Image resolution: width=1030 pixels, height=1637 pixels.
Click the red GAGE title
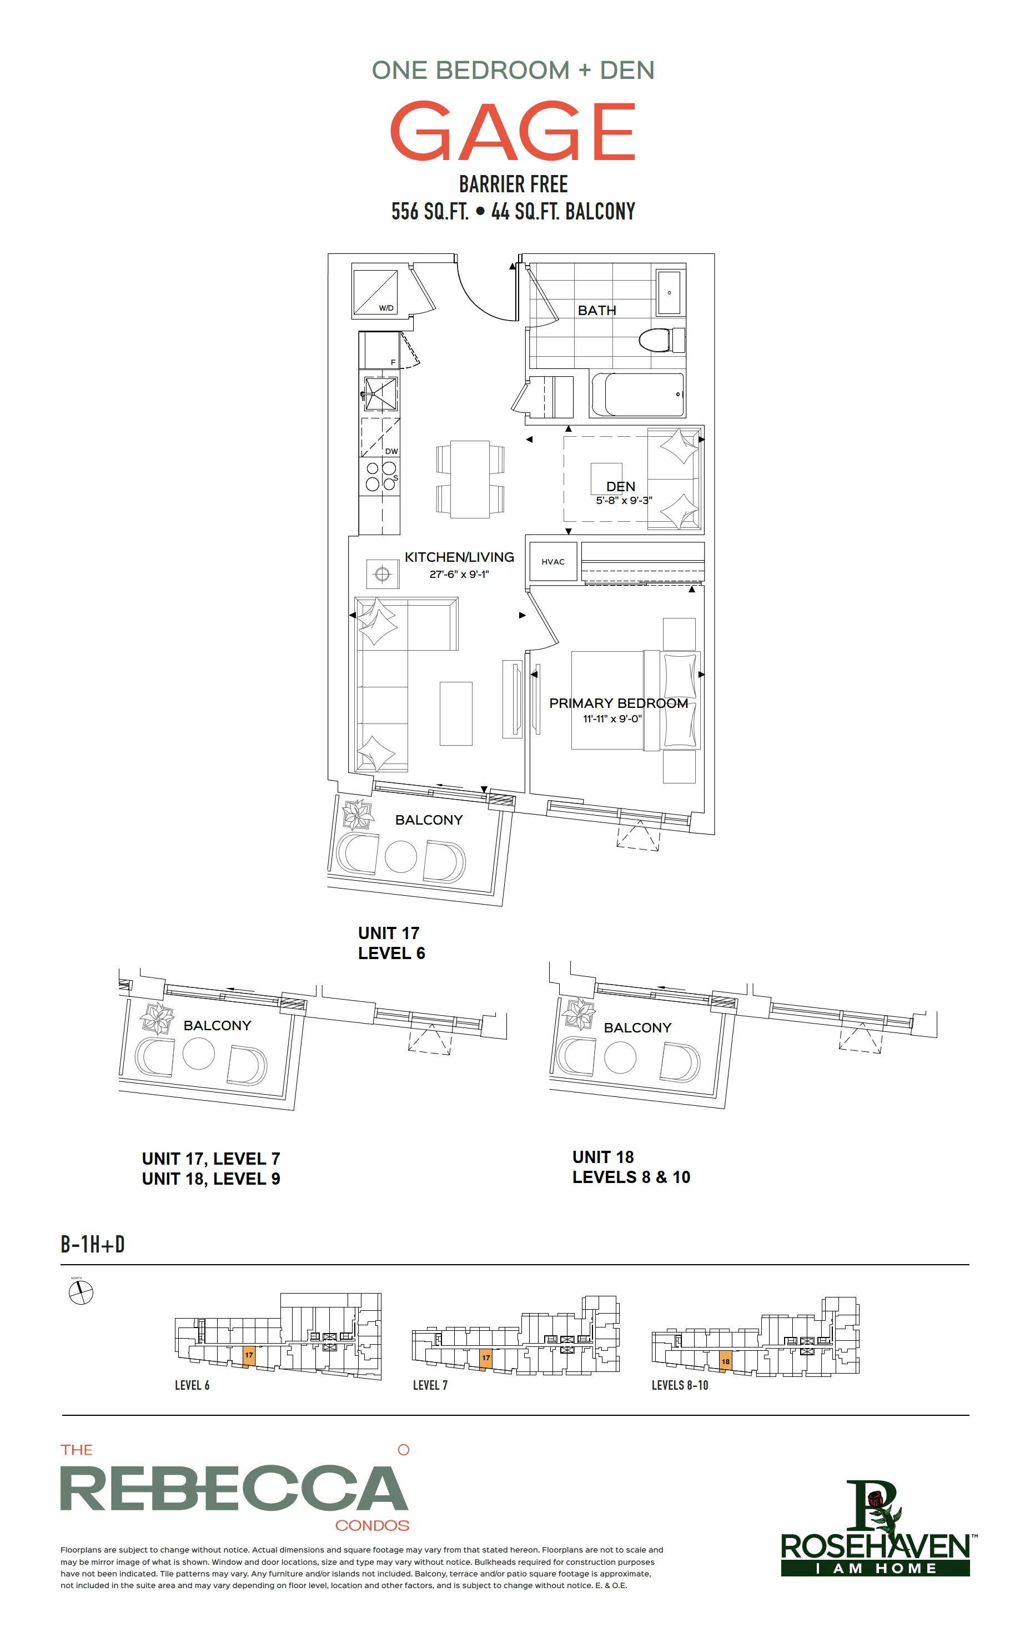coord(513,131)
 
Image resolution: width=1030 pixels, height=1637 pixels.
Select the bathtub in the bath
coord(637,395)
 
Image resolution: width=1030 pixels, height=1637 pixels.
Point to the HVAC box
coord(553,562)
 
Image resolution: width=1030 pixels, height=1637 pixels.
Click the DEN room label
coord(621,486)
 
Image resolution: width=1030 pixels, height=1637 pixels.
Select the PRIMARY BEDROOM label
coord(618,703)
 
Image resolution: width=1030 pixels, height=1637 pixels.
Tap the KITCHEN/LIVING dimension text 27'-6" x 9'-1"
coord(459,575)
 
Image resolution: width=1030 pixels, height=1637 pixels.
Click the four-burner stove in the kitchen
coord(381,476)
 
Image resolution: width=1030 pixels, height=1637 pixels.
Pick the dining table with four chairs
coord(470,480)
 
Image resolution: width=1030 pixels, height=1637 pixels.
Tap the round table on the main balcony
coord(401,857)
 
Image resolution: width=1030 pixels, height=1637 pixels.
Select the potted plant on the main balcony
coord(358,815)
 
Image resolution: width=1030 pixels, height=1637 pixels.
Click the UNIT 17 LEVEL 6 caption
coord(391,943)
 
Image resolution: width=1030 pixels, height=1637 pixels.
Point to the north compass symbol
coord(81,1292)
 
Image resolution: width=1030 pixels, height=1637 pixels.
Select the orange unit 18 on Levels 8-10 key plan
coord(726,1361)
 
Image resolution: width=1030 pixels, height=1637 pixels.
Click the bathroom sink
coord(669,293)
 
